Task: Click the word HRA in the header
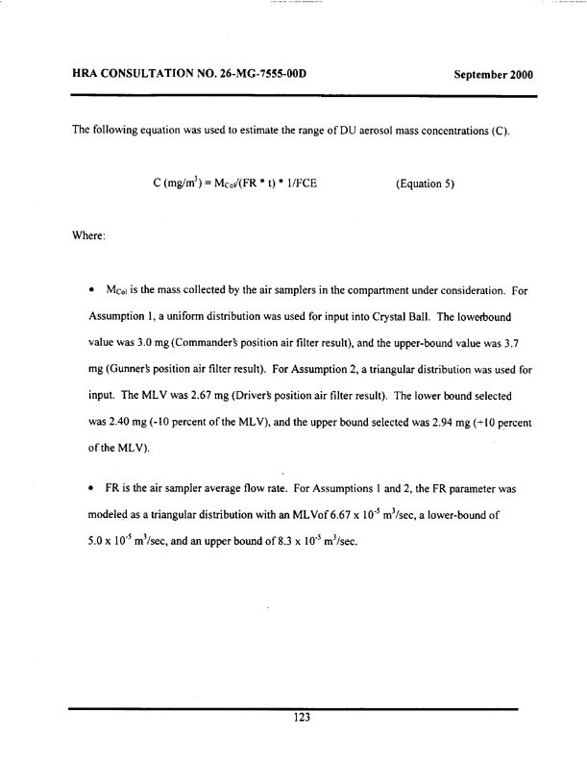88,74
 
